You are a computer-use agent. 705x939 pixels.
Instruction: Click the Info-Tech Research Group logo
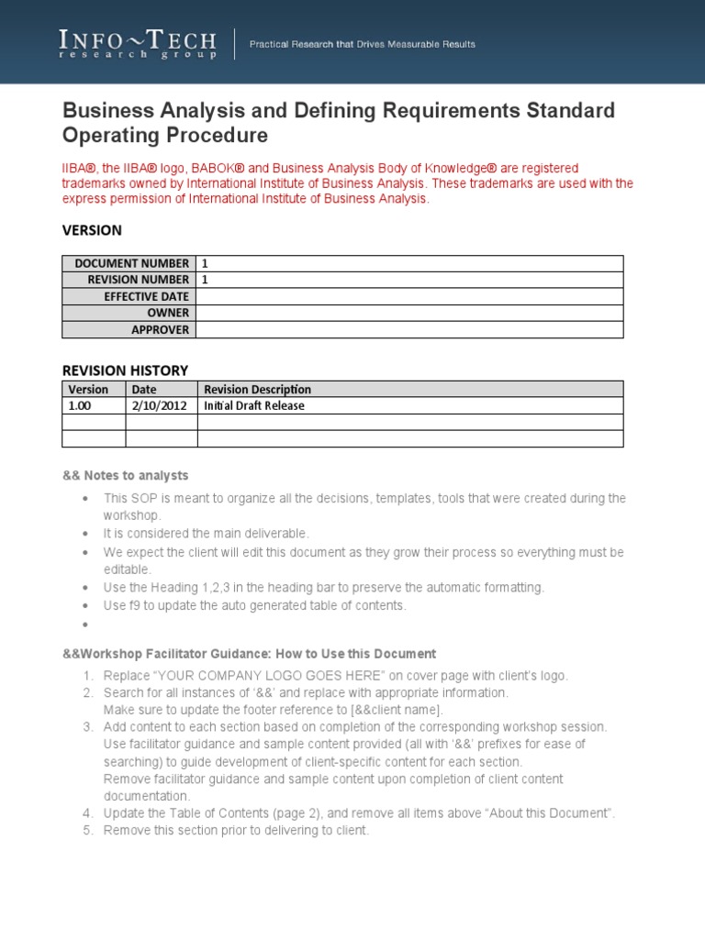[x=138, y=44]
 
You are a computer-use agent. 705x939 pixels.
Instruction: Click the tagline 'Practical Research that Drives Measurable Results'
[x=363, y=45]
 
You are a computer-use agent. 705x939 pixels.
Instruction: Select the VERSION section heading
[x=92, y=230]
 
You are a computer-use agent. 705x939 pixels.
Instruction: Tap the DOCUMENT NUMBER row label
[x=131, y=263]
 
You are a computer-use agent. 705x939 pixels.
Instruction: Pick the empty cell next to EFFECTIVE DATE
[x=408, y=296]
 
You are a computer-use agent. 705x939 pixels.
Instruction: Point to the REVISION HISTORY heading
[x=125, y=370]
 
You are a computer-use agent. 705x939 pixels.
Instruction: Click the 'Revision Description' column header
[x=257, y=390]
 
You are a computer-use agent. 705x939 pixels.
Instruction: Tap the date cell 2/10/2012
[x=153, y=405]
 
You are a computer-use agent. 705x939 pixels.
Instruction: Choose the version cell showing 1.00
[x=80, y=405]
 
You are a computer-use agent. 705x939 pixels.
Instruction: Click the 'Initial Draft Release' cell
[x=254, y=405]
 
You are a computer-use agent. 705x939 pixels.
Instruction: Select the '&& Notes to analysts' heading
[x=125, y=475]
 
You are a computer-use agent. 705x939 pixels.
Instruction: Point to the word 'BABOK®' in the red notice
[x=219, y=168]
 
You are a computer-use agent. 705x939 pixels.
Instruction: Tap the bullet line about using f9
[x=254, y=606]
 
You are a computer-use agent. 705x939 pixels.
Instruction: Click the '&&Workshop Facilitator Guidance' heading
[x=248, y=654]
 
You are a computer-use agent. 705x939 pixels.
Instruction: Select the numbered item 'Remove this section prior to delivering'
[x=235, y=831]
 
